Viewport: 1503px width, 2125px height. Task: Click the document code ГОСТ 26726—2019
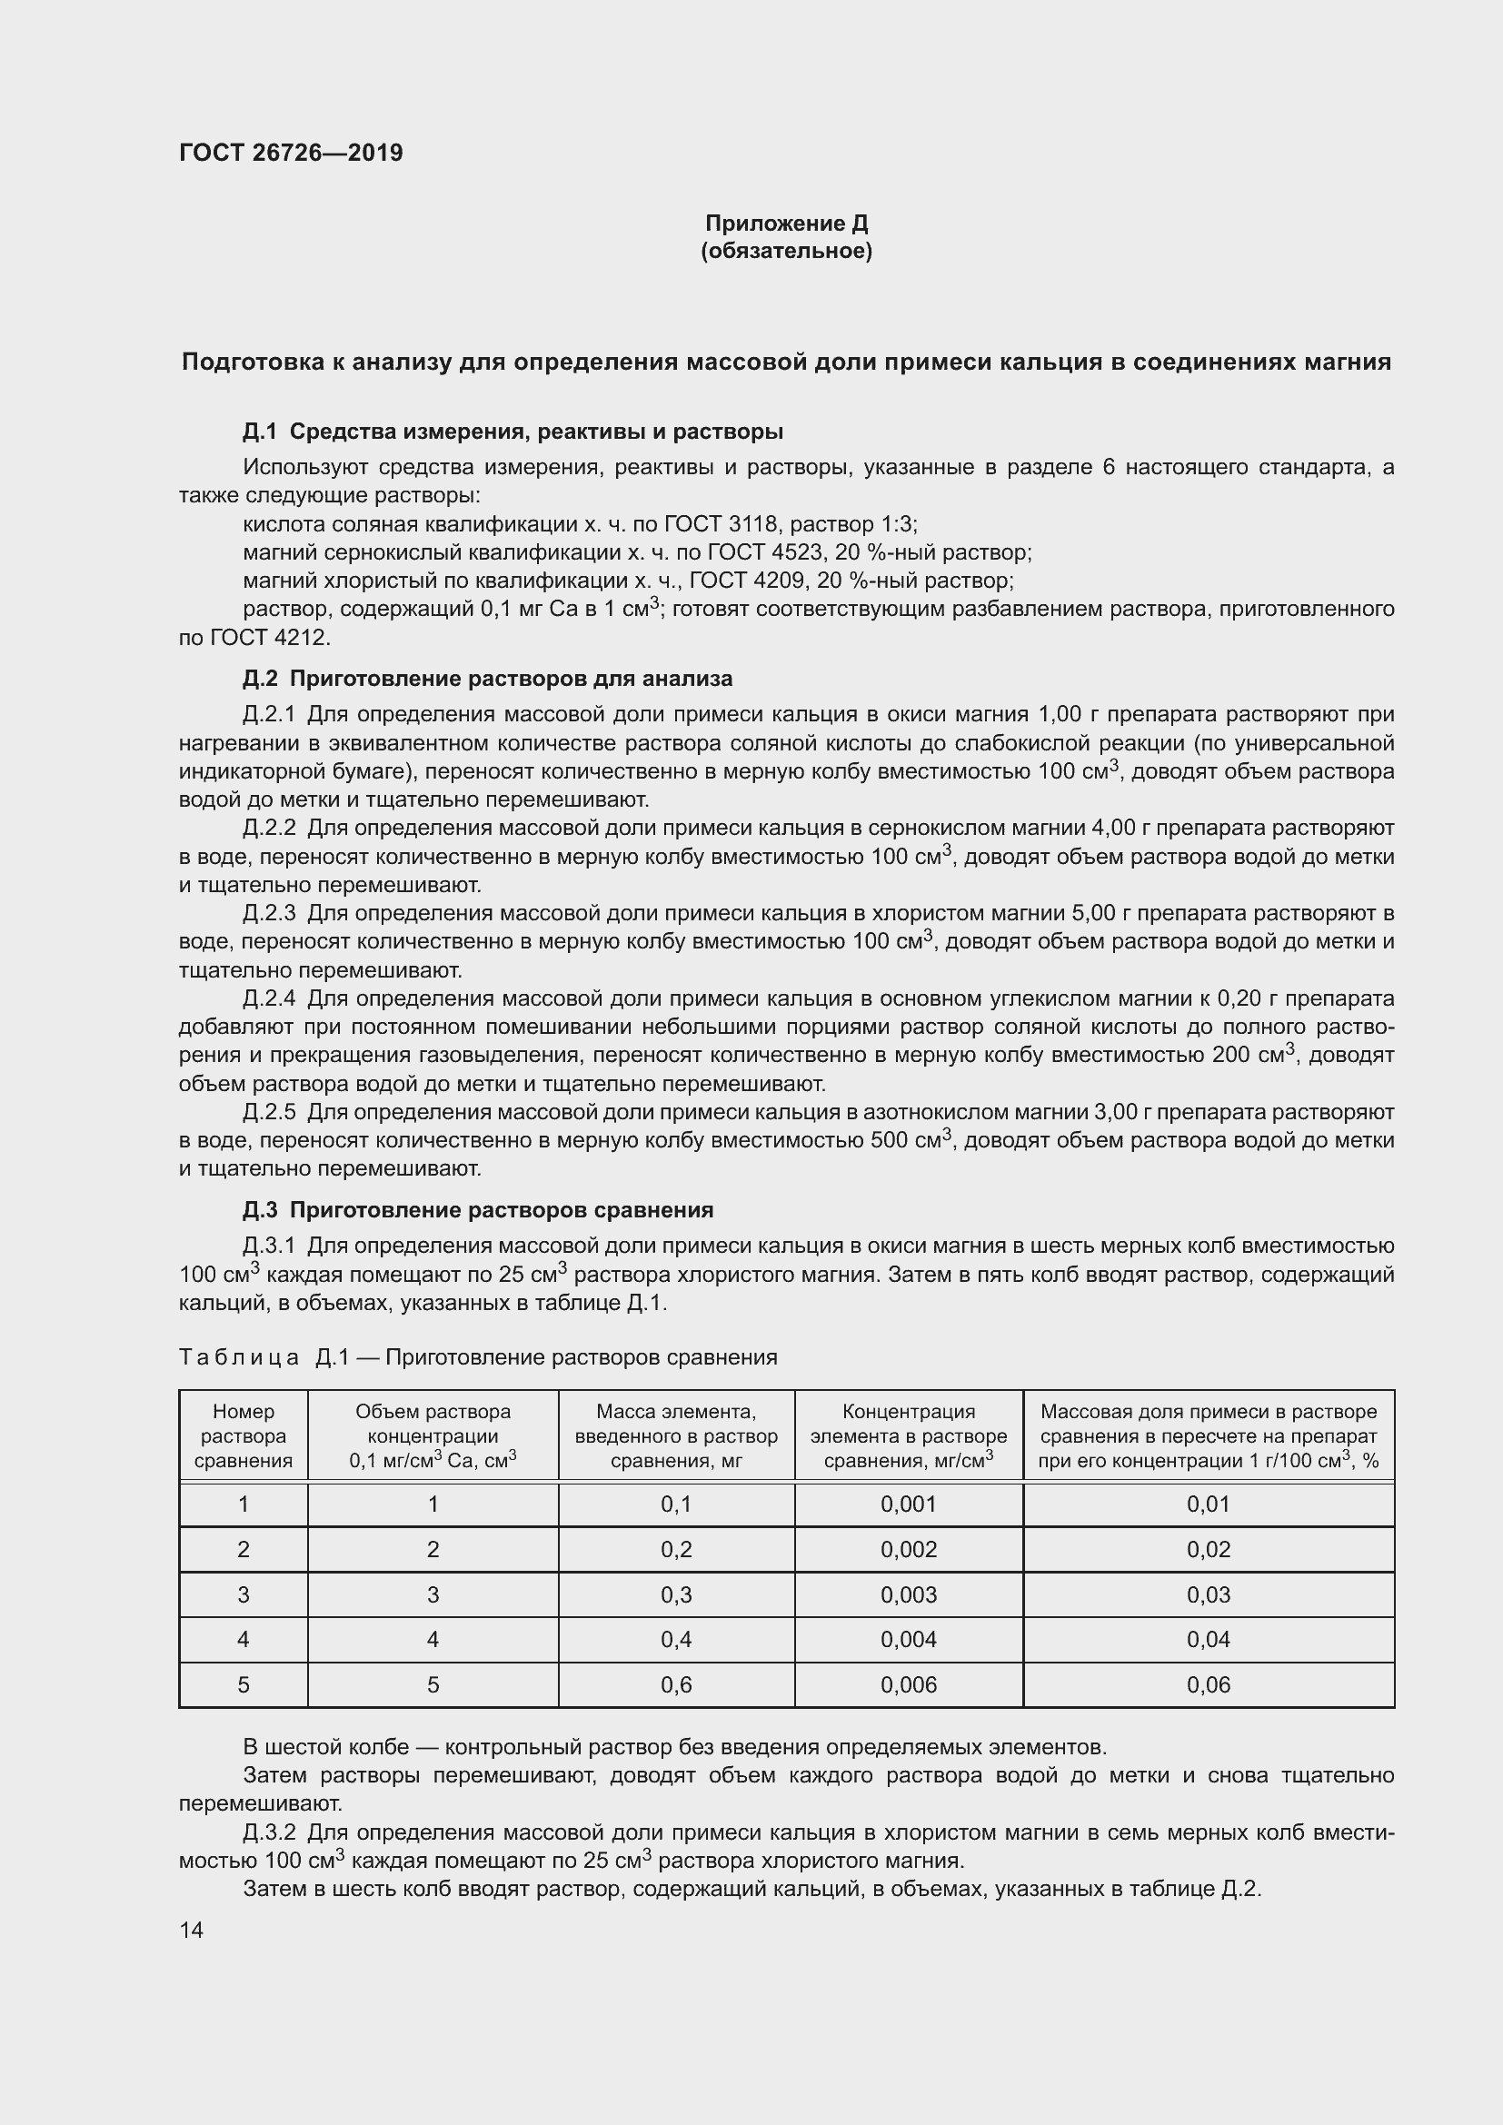tap(291, 153)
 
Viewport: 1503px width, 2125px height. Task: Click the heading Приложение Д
tap(786, 223)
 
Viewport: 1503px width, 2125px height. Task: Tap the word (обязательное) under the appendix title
tap(786, 251)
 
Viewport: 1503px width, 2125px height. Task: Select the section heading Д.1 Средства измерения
tap(513, 432)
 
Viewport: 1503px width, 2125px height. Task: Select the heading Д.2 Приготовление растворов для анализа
tap(487, 679)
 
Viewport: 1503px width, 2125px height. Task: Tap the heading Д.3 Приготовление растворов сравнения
tap(478, 1209)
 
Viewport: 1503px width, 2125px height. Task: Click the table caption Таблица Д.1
tap(478, 1356)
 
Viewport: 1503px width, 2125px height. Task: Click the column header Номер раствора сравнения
tap(244, 1435)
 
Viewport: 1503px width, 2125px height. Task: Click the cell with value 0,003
tap(908, 1594)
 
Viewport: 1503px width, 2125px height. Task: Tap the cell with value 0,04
tap(1208, 1639)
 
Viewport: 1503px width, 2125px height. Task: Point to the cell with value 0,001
tap(908, 1504)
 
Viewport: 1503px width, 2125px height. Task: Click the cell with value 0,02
tap(1208, 1549)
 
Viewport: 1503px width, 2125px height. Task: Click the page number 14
tap(192, 1930)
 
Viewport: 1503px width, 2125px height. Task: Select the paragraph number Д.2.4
tap(269, 998)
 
